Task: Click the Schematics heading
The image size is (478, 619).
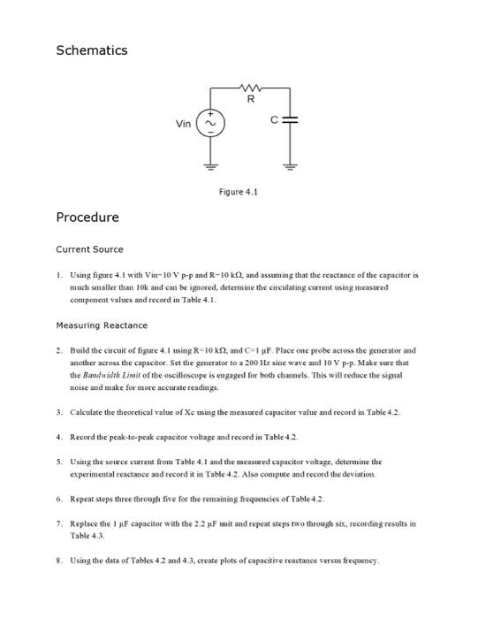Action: pyautogui.click(x=91, y=50)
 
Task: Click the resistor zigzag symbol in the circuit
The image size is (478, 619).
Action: pyautogui.click(x=252, y=87)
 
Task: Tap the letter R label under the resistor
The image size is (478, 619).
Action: pyautogui.click(x=252, y=99)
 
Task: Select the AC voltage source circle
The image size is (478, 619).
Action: pyautogui.click(x=212, y=125)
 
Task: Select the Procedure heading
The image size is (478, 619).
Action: pyautogui.click(x=87, y=218)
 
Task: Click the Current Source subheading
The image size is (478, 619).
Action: pyautogui.click(x=89, y=249)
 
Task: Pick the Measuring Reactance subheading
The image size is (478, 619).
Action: pyautogui.click(x=102, y=325)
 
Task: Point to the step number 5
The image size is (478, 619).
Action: pyautogui.click(x=59, y=462)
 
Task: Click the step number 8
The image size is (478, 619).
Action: pyautogui.click(x=59, y=561)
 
